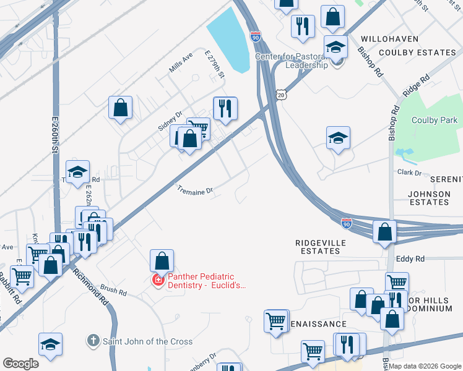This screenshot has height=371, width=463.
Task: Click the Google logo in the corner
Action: tap(21, 364)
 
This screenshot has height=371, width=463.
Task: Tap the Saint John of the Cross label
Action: tap(147, 341)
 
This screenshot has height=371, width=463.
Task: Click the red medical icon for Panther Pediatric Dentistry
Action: tap(158, 281)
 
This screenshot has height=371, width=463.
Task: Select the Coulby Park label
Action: tap(434, 121)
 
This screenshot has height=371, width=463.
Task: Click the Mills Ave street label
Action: tap(181, 63)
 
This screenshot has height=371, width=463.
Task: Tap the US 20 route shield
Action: tap(282, 95)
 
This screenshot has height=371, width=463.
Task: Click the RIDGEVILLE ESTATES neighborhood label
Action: tap(320, 247)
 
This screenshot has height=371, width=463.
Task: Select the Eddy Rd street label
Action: tap(411, 258)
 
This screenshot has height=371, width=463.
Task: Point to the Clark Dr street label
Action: tap(409, 173)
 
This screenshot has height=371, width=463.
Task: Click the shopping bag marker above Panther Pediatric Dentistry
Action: tap(162, 260)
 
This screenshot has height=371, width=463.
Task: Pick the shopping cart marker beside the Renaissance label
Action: tap(276, 321)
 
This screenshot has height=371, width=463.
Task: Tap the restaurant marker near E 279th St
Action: tap(225, 108)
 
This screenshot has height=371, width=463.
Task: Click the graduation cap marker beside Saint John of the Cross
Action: tap(51, 344)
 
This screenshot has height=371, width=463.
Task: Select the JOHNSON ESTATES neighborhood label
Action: tap(429, 198)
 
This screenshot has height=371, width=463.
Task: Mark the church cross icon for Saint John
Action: tap(93, 341)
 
